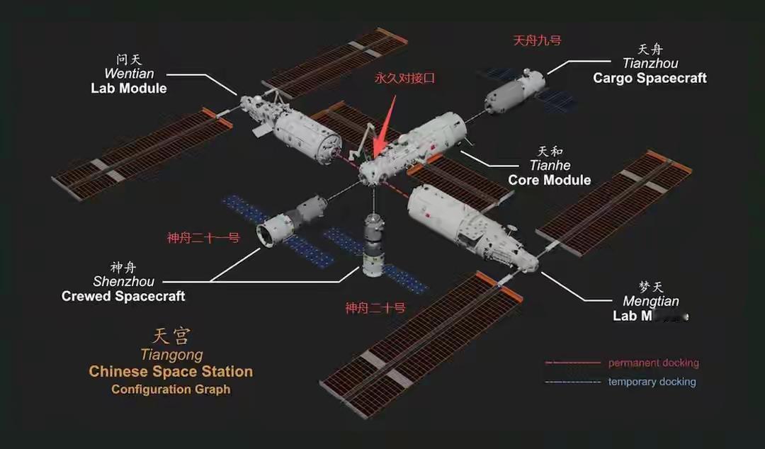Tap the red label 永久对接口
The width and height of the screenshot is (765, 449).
tap(404, 78)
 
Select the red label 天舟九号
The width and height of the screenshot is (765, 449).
tap(537, 40)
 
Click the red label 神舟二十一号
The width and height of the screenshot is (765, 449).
tap(203, 238)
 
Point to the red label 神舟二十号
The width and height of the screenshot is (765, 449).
tap(375, 307)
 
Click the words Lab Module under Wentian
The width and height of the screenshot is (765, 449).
tap(129, 88)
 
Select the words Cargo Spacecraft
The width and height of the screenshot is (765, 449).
tap(650, 78)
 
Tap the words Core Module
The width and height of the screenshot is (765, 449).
tap(549, 180)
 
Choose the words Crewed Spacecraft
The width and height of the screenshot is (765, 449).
tap(123, 296)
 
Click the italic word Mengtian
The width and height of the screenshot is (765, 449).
tap(650, 302)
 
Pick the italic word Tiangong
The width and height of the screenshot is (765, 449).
tap(171, 355)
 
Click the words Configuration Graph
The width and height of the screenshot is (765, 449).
tap(171, 389)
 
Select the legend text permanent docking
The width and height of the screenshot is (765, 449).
tap(653, 363)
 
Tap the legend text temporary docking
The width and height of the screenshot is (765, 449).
tap(652, 382)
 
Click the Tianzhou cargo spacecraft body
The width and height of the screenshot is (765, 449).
tap(514, 91)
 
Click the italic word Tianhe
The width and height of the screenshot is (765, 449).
tap(550, 166)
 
